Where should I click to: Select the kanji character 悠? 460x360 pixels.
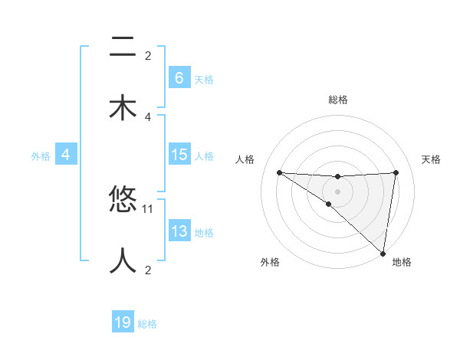click(x=123, y=200)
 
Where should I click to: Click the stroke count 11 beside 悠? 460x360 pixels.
click(x=148, y=208)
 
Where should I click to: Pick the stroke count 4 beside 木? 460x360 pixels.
click(x=148, y=116)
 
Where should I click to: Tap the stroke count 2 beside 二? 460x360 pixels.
click(x=148, y=55)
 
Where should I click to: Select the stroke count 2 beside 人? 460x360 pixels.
click(x=148, y=270)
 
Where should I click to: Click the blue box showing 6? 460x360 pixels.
click(x=179, y=78)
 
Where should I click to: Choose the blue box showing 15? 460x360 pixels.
click(x=179, y=155)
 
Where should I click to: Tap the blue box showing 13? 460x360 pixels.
click(x=179, y=231)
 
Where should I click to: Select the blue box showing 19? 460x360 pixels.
click(x=123, y=322)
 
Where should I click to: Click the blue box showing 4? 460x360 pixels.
click(x=65, y=155)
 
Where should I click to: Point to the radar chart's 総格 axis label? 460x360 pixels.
click(x=337, y=100)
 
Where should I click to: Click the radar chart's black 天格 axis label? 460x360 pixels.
click(x=432, y=159)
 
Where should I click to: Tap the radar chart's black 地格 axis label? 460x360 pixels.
click(x=402, y=263)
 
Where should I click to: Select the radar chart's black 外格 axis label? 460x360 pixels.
click(x=270, y=263)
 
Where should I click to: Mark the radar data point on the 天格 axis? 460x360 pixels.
click(x=396, y=172)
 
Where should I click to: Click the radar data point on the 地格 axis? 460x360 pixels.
click(x=383, y=253)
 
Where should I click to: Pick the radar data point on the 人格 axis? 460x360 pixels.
click(x=279, y=172)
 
